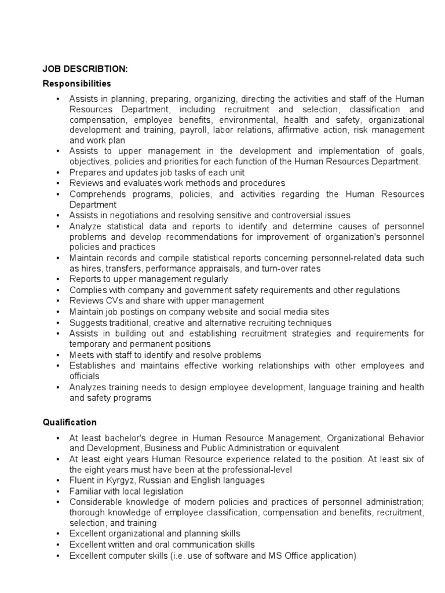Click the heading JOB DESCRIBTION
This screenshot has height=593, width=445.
point(85,69)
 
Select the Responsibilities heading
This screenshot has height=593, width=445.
point(76,84)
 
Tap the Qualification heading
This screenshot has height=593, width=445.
point(70,422)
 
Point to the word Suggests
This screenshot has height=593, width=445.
point(87,323)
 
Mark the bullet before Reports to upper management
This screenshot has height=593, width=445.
point(59,279)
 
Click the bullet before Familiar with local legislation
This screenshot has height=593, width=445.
point(59,491)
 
